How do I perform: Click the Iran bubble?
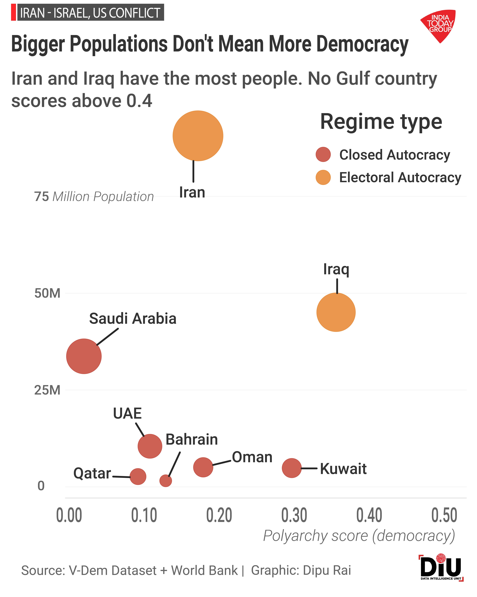pos(198,136)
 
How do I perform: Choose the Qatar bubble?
pos(138,476)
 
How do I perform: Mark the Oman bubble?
pos(203,467)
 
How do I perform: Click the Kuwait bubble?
pos(292,468)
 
